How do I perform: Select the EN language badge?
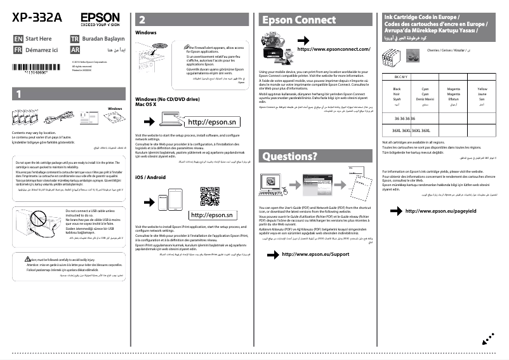pos(18,39)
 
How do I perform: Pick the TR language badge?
pos(74,39)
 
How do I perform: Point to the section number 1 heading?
pos(19,94)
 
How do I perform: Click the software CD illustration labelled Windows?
pos(115,117)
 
